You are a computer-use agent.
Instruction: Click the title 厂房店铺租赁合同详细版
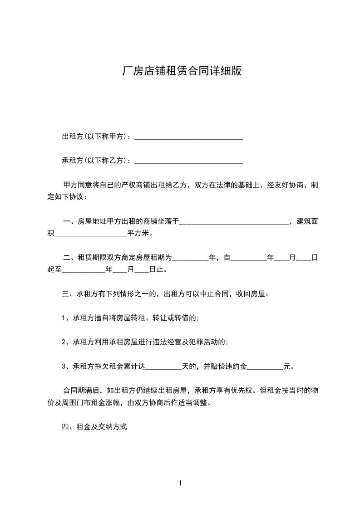[x=180, y=71]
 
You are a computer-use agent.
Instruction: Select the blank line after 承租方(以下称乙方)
[x=189, y=162]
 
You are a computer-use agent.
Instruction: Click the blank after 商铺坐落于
[x=234, y=223]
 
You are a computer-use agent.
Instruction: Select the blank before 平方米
[x=91, y=235]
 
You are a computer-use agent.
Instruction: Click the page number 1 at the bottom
[x=180, y=483]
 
